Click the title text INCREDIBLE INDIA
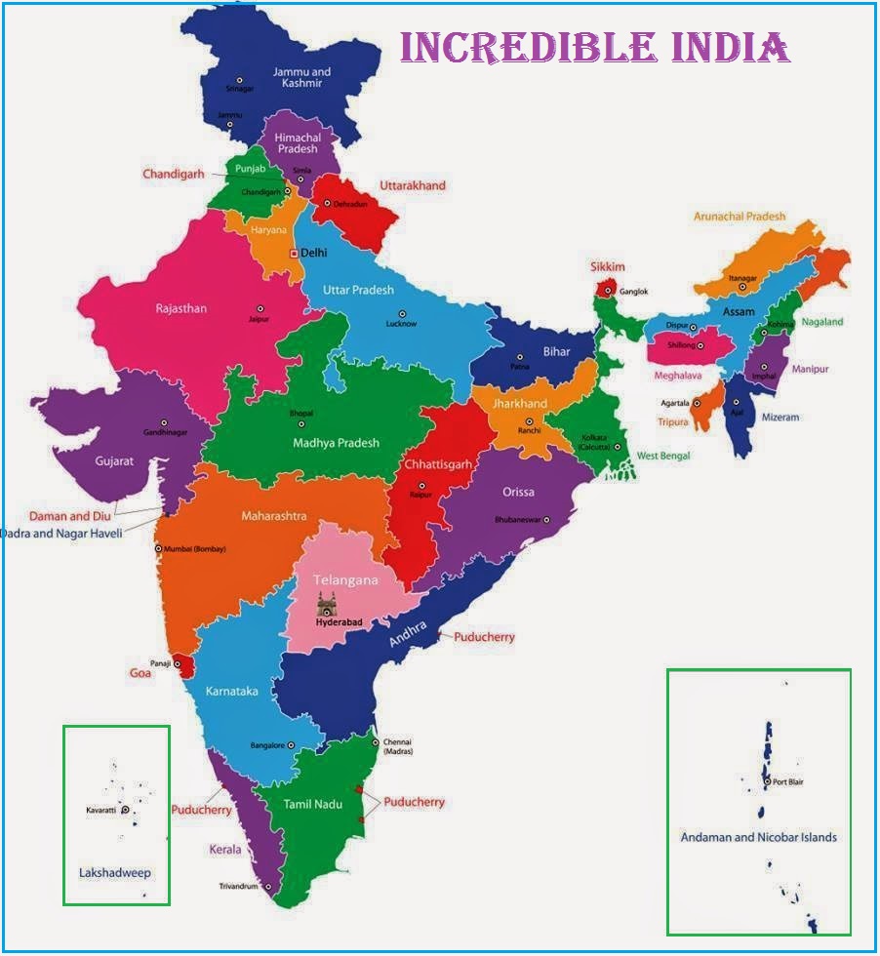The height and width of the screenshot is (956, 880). click(594, 47)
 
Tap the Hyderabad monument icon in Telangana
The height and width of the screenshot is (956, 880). click(326, 602)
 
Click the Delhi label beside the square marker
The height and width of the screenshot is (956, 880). click(314, 252)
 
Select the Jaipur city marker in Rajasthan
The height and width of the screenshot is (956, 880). click(260, 308)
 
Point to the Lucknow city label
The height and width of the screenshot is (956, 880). click(401, 324)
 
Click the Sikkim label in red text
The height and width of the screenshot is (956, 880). click(607, 267)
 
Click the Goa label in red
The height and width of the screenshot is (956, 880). click(140, 673)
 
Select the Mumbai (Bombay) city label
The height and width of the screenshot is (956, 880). click(195, 549)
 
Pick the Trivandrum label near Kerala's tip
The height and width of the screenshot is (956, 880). click(238, 887)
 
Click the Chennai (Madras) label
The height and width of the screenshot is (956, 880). click(398, 746)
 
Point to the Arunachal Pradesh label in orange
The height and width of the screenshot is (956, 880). click(740, 217)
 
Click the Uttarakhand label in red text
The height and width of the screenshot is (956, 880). click(412, 185)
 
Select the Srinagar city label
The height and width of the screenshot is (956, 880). click(239, 90)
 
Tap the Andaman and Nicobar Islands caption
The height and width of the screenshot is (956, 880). click(758, 837)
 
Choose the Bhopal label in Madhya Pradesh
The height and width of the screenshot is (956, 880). click(301, 414)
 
